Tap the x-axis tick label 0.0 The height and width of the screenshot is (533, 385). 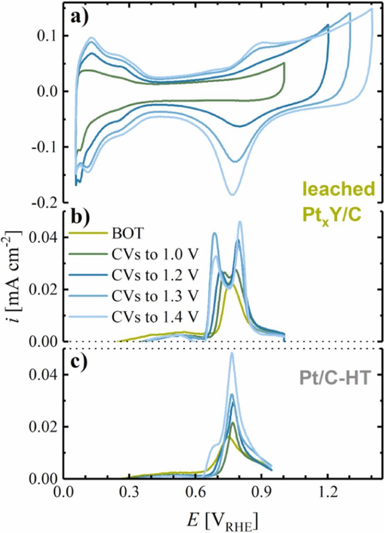click(x=63, y=493)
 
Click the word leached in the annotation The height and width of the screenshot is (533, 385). click(x=338, y=189)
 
